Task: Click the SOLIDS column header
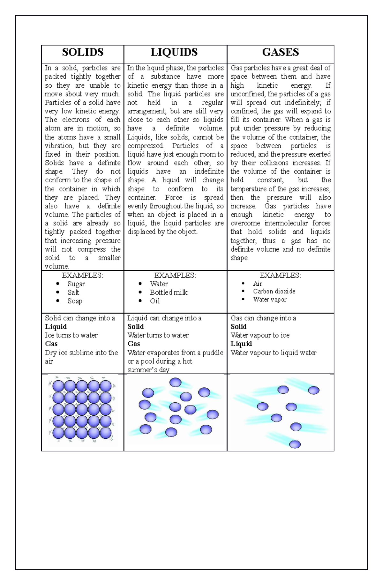pos(83,52)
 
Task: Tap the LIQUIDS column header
pos(174,52)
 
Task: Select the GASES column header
pos(281,52)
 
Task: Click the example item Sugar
pos(76,284)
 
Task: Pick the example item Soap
pos(75,301)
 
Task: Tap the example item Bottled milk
pos(169,292)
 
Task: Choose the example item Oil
pos(155,301)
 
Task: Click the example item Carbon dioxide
pos(274,291)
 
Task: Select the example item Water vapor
pos(270,299)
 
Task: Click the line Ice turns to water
pos(71,335)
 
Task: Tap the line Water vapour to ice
pos(260,335)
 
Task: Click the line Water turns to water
pos(158,335)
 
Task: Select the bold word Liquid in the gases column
pos(241,344)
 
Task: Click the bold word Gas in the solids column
pos(51,344)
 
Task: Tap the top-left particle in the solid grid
pos(58,386)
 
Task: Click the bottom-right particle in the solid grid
pos(106,433)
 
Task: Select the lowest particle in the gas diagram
pos(295,444)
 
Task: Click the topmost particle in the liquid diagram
pos(175,382)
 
